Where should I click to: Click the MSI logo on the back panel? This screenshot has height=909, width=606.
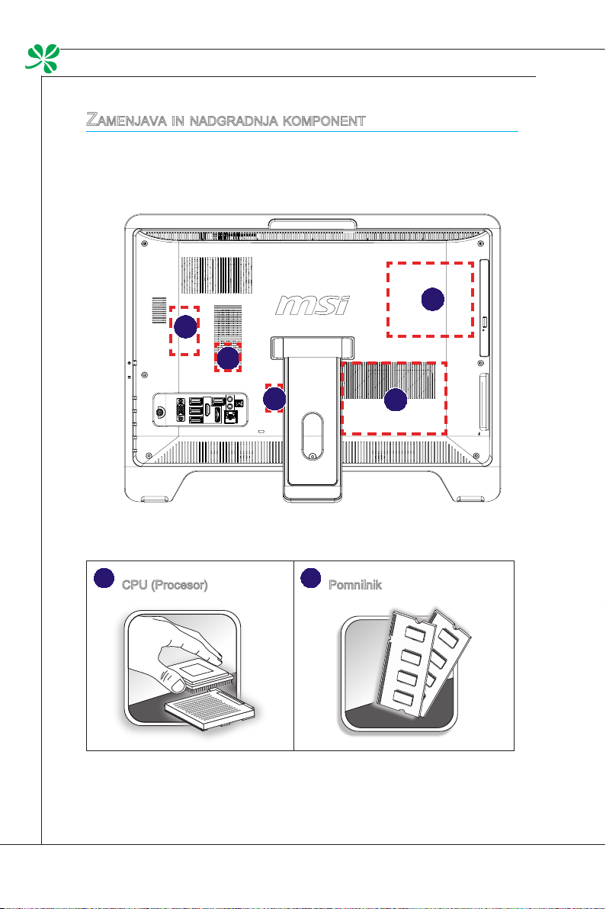click(312, 305)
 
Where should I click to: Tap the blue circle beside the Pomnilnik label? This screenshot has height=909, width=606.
click(310, 579)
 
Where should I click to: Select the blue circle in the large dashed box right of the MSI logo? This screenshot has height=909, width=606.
click(432, 300)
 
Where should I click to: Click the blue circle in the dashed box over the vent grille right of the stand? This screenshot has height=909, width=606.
click(394, 400)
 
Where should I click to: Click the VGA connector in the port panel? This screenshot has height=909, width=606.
click(180, 410)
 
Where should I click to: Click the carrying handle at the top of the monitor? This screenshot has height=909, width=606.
click(313, 223)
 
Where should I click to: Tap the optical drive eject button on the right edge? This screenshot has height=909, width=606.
click(485, 320)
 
